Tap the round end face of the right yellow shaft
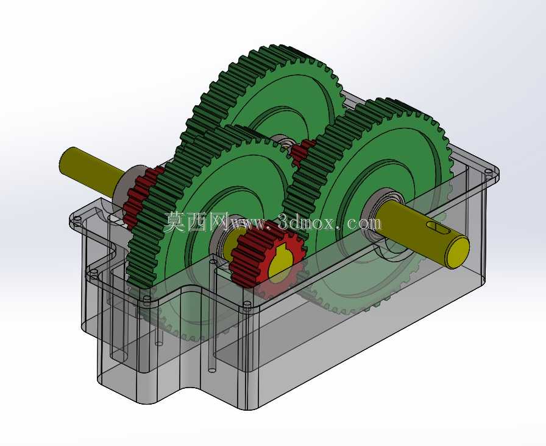[458, 252]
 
